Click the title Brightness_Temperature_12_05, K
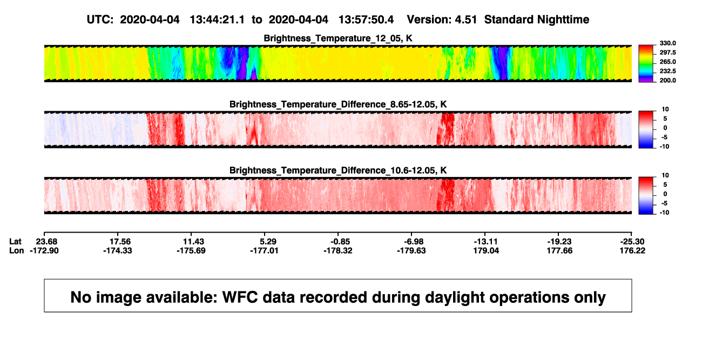click(x=338, y=38)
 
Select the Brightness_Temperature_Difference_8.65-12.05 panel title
click(x=338, y=104)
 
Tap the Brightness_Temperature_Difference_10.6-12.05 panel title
click(x=338, y=171)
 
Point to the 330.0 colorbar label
click(x=667, y=43)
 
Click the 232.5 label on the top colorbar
click(x=667, y=71)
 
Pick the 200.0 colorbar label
click(x=667, y=80)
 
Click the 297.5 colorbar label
click(x=667, y=53)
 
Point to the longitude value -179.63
click(x=411, y=250)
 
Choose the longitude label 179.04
click(x=486, y=250)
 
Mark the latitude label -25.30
click(x=632, y=242)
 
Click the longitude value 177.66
click(x=559, y=250)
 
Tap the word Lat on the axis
click(x=15, y=242)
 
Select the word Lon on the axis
click(x=16, y=250)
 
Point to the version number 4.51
click(x=465, y=20)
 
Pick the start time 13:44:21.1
click(x=217, y=20)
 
